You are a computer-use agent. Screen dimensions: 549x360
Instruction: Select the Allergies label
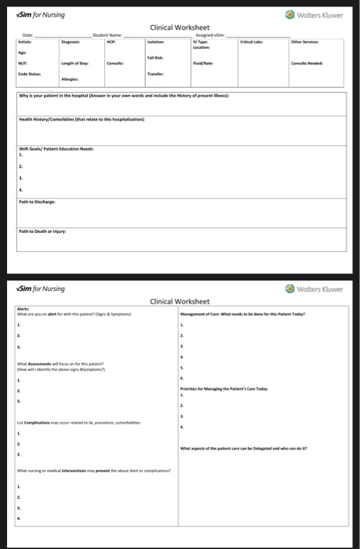tap(70, 79)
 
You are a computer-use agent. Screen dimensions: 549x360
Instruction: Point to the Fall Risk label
tap(154, 59)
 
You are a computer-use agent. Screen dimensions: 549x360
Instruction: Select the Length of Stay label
tap(75, 63)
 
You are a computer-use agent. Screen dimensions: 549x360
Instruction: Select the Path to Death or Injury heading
tap(44, 231)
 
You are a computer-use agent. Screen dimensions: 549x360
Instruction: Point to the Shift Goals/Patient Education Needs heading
tap(56, 148)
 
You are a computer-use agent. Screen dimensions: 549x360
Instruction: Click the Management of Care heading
tap(252, 314)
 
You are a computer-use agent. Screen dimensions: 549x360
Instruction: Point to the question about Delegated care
tap(244, 447)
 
